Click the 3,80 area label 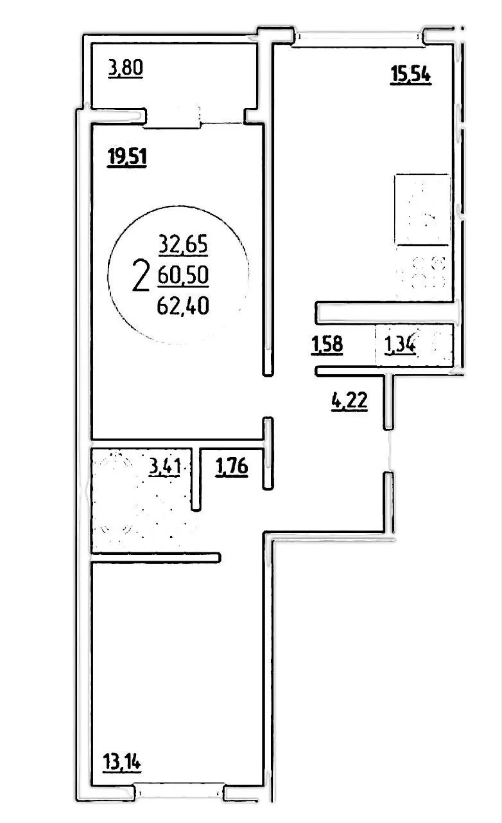[126, 69]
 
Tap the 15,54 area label [410, 75]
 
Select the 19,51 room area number [126, 158]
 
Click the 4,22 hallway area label [349, 401]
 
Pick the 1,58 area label [327, 345]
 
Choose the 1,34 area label [400, 345]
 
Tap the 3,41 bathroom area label [165, 467]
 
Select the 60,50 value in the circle [183, 275]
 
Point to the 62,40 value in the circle [183, 306]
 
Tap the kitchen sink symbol [422, 210]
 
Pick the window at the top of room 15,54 [359, 37]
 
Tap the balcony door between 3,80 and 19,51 [173, 118]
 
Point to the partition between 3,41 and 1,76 [196, 479]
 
